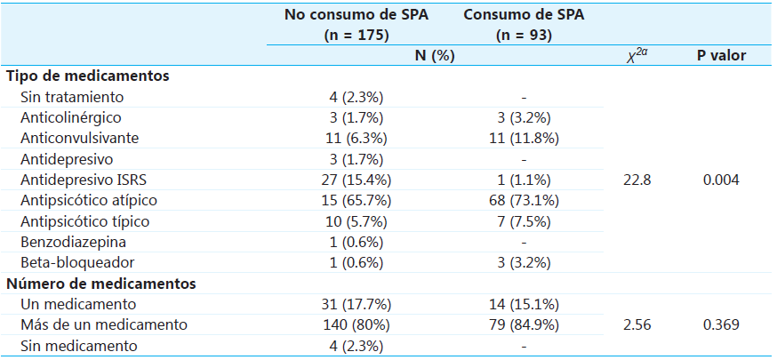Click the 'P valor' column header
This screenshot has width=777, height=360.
[720, 56]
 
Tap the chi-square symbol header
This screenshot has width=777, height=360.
[637, 56]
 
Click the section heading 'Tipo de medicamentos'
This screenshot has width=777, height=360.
[88, 76]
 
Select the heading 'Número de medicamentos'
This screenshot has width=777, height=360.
[101, 284]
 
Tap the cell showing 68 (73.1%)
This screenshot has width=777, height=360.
[525, 200]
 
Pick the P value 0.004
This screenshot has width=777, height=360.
[720, 180]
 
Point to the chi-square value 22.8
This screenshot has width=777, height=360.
[637, 180]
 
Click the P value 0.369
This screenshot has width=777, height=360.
[720, 324]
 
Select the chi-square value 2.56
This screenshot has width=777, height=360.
[637, 324]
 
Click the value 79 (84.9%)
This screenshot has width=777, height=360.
[525, 324]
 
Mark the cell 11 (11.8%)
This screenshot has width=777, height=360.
[525, 138]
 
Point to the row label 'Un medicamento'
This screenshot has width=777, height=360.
[74, 304]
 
